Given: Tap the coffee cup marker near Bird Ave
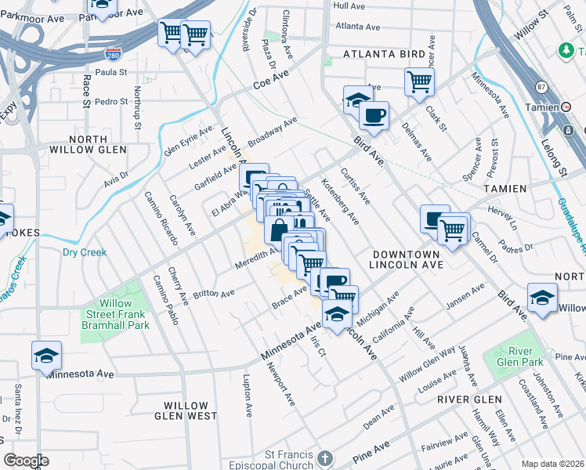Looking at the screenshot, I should point(374,114).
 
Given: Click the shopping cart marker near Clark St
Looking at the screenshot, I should point(420,81).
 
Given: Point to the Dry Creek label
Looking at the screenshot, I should point(84,252).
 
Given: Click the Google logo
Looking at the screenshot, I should point(26,460).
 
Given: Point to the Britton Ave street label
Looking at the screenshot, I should point(214,294).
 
